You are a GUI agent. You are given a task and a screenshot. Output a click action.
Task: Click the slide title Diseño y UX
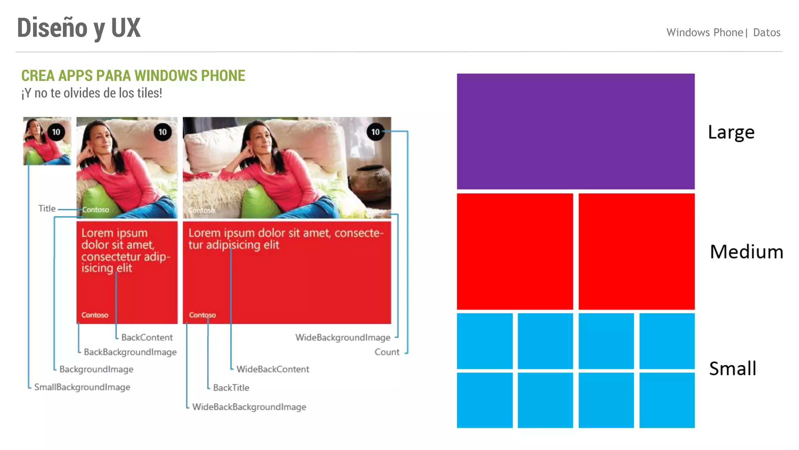[79, 28]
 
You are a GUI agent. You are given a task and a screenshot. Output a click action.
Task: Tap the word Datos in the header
[766, 32]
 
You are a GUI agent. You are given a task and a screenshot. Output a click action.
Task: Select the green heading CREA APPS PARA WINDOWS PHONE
[133, 75]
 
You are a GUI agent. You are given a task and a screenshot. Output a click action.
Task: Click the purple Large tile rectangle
[575, 131]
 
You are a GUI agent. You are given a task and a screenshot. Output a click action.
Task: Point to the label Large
[731, 132]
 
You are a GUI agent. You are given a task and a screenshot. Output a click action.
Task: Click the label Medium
[746, 252]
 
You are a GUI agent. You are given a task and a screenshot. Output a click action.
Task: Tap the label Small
[732, 368]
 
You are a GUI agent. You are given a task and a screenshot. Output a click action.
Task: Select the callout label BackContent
[147, 337]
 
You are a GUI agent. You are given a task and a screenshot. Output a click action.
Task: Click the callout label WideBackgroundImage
[343, 337]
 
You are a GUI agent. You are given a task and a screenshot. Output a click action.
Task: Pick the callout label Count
[387, 352]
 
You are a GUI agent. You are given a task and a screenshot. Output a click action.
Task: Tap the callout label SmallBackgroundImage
[82, 387]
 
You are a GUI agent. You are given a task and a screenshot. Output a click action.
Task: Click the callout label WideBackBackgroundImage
[249, 407]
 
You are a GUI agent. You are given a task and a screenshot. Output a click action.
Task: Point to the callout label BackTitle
[231, 388]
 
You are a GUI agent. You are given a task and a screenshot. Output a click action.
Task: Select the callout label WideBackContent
[272, 370]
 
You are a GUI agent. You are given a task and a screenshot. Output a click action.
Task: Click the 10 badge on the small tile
[56, 132]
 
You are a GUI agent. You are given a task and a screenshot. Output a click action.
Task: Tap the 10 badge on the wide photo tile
[375, 132]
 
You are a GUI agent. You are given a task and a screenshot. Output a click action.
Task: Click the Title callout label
[47, 209]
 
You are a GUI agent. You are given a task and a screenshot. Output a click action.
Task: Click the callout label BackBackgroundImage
[130, 352]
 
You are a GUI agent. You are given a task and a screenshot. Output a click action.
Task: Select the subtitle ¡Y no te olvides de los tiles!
[92, 93]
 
